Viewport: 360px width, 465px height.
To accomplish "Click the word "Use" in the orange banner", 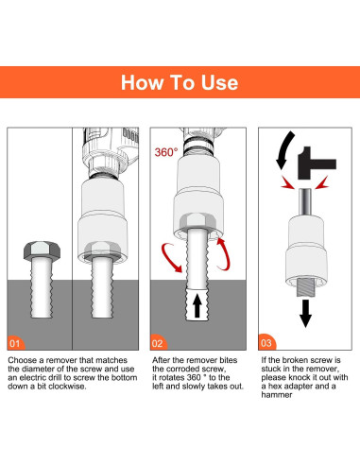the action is [220, 82].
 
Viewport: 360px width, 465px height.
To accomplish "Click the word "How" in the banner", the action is [142, 82].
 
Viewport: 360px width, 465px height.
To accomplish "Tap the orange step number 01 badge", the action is [15, 343].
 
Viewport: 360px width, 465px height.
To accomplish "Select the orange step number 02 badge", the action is [158, 343].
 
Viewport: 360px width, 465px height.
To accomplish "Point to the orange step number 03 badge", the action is [266, 342].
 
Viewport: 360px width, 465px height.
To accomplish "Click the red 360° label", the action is [166, 152].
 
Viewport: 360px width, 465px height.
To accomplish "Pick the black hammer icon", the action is [316, 163].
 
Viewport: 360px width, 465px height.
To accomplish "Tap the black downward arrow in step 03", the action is [305, 313].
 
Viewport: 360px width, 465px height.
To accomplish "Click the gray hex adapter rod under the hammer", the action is [305, 202].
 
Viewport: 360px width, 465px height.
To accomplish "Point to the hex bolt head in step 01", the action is [42, 250].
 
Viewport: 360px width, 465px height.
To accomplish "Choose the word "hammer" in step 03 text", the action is [277, 395].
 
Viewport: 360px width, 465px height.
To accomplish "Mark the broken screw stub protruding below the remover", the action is [304, 287].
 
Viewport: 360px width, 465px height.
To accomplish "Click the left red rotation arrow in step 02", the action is [170, 257].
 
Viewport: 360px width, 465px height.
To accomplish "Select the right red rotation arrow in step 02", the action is [223, 254].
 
